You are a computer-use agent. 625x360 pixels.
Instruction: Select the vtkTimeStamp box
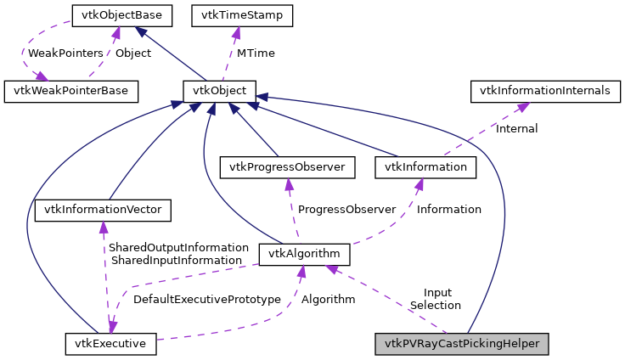(x=243, y=14)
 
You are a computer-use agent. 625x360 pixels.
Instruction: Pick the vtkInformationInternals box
(x=544, y=90)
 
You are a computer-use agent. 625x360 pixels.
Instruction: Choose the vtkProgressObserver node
(x=288, y=167)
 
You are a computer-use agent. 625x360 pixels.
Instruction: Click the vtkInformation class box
(x=425, y=167)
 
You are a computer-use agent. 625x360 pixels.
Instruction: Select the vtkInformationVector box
(x=104, y=209)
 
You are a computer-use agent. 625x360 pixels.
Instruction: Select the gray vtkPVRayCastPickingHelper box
(x=462, y=344)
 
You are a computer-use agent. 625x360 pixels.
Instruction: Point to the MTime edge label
(x=255, y=53)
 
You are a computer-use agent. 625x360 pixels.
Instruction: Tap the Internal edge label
(x=516, y=128)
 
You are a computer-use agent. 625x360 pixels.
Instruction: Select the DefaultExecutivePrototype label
(x=206, y=299)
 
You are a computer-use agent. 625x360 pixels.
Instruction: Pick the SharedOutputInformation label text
(x=178, y=247)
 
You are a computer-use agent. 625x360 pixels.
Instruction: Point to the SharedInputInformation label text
(x=176, y=260)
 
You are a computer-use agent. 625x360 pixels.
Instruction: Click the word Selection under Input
(x=435, y=305)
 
